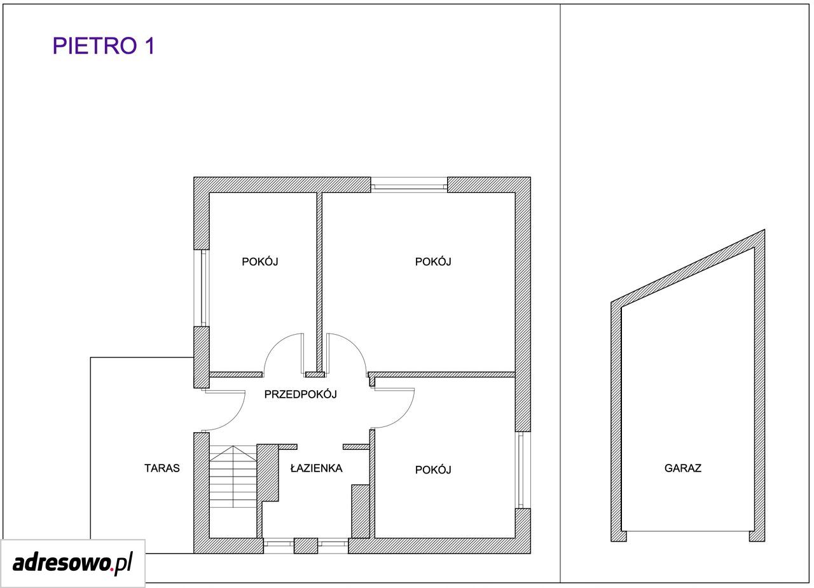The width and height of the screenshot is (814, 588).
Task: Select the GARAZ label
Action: [x=683, y=468]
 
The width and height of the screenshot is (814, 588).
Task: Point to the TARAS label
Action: [x=162, y=468]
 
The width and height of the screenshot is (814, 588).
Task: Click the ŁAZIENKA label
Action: [x=317, y=468]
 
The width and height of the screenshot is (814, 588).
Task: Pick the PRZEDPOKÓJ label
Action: [x=301, y=394]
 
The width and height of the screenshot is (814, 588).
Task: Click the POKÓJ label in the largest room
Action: [x=433, y=262]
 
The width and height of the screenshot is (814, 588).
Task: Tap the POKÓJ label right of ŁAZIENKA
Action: [x=433, y=470]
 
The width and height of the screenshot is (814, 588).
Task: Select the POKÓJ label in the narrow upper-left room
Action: [x=260, y=262]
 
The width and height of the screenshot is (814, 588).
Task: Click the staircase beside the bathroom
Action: [x=233, y=492]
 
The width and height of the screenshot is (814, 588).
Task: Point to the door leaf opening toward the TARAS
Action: [x=223, y=391]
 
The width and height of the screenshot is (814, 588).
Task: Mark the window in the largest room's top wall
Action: [x=409, y=185]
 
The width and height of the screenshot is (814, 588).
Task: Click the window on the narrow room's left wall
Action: [x=202, y=288]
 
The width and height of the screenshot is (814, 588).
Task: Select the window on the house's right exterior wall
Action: [x=523, y=470]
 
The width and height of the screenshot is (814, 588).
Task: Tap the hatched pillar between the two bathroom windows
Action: [x=306, y=546]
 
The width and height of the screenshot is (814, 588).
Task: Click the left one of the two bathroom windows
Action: [x=279, y=546]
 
